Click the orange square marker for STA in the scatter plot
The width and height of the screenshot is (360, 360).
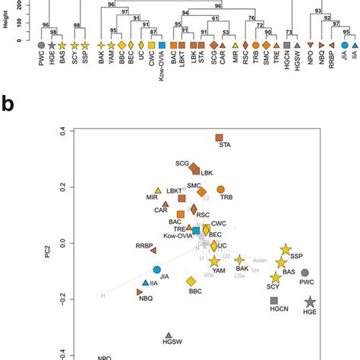219,137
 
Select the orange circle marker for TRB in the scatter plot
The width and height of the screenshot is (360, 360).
221,189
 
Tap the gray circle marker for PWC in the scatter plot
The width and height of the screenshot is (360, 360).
305,273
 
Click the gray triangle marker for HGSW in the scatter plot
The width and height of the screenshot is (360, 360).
169,335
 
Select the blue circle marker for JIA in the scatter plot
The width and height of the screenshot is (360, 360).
156,270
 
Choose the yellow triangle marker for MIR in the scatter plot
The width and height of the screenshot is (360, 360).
158,190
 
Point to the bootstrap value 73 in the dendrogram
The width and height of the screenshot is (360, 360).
289,30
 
